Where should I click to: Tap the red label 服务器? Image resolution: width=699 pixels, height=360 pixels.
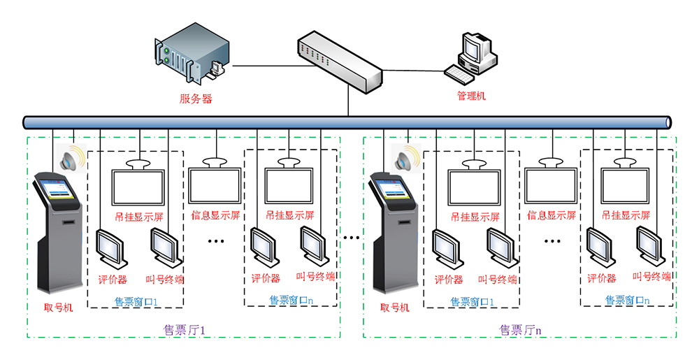[x=196, y=99]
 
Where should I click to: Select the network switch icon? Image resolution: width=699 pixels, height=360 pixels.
[x=338, y=60]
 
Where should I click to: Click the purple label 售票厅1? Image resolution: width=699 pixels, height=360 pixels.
[x=184, y=329]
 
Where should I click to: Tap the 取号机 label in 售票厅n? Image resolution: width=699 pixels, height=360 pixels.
[x=395, y=308]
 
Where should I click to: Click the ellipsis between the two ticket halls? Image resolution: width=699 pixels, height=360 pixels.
[x=351, y=238]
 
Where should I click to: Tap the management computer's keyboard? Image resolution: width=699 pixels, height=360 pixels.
[x=460, y=73]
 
